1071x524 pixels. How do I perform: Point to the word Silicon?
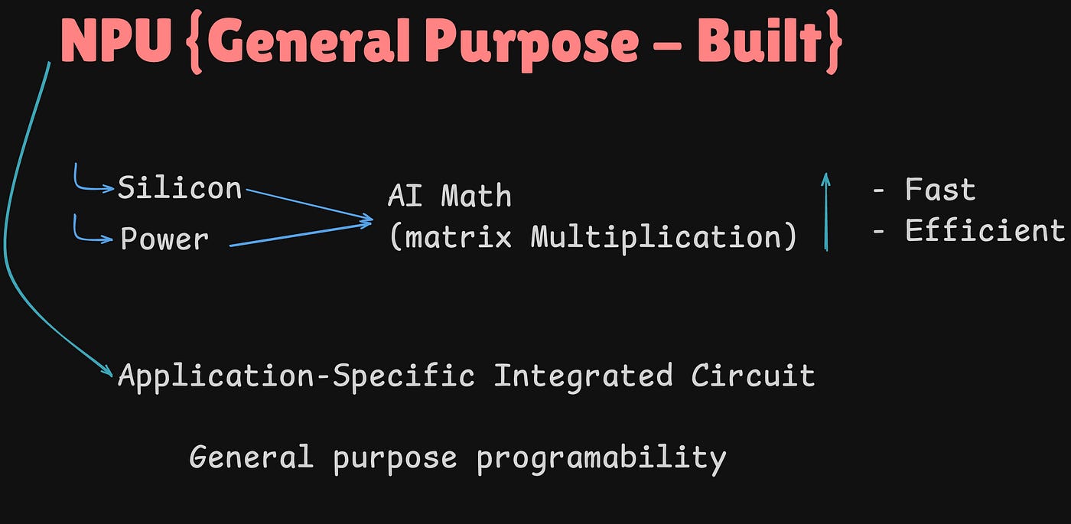click(179, 188)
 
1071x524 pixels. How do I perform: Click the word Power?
click(164, 239)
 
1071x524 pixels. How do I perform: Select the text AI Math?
click(449, 196)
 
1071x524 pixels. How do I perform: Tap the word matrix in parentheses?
click(457, 237)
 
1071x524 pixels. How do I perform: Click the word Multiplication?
click(656, 237)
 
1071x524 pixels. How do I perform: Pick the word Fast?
click(939, 189)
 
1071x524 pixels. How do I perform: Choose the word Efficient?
click(984, 230)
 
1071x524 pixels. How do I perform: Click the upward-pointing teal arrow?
click(825, 211)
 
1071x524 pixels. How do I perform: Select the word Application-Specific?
click(296, 376)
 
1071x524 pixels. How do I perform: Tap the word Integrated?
click(583, 376)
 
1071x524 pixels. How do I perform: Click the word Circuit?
click(753, 376)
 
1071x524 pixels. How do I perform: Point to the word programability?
click(601, 457)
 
